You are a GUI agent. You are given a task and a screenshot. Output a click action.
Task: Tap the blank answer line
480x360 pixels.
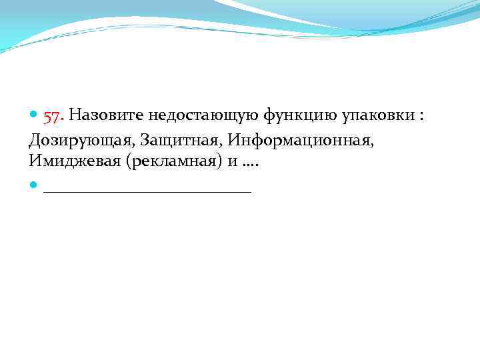point(147,191)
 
